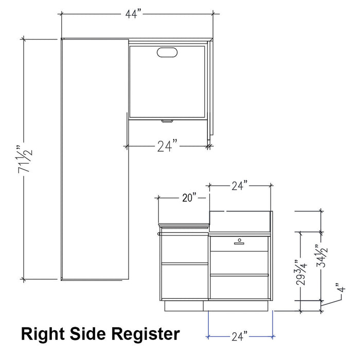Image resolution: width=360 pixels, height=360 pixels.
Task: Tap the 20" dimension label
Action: tap(189, 198)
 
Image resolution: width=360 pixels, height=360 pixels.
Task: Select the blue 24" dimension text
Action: tap(239, 337)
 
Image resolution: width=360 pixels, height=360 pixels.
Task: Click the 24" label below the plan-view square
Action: tap(168, 147)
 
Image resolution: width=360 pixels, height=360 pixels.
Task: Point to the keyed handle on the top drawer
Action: tap(239, 240)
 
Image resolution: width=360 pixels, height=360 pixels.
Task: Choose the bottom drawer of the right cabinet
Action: tap(239, 286)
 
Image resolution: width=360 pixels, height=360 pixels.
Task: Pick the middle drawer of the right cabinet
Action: tap(239, 262)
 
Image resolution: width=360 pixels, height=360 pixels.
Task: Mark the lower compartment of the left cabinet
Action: tap(184, 281)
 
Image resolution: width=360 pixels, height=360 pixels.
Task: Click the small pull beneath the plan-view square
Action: tap(167, 121)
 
